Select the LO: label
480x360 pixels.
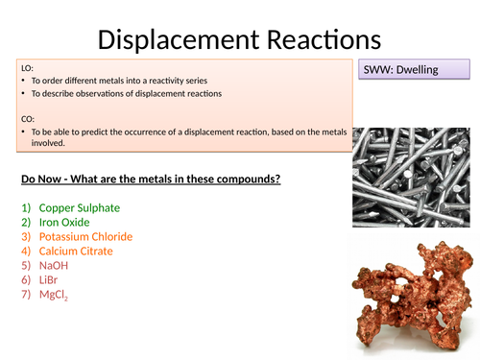pyautogui.click(x=27, y=67)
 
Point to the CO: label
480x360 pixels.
pyautogui.click(x=27, y=118)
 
